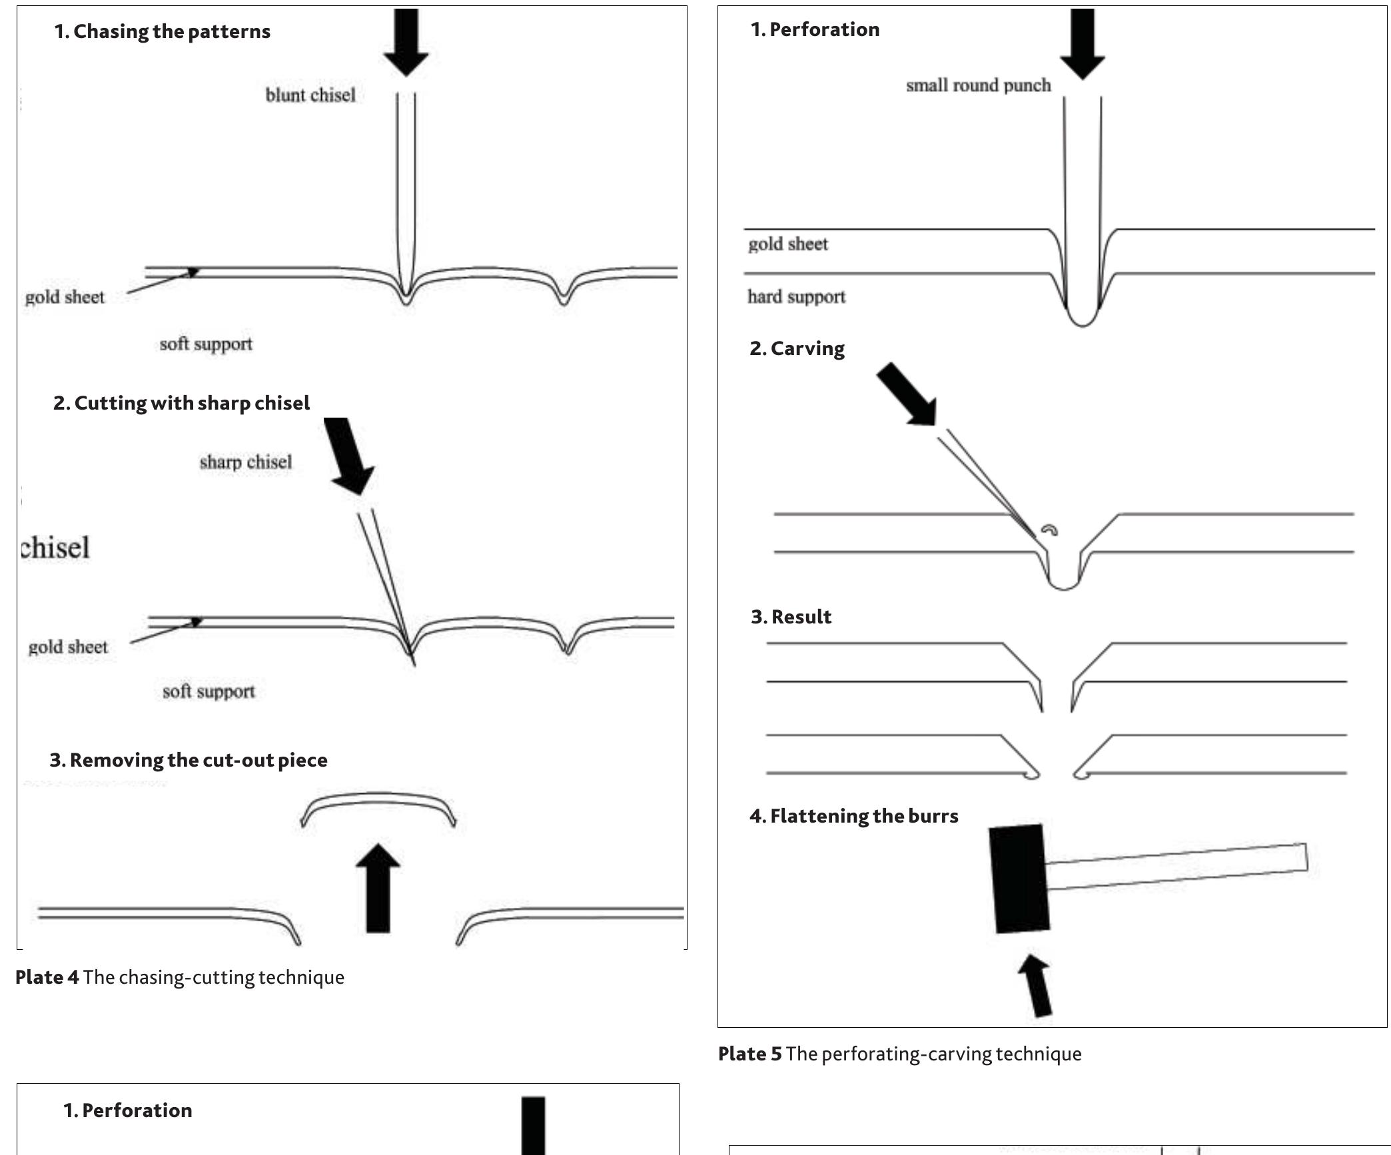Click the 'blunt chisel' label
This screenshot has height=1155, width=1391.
pos(310,95)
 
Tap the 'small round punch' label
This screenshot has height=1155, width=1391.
pos(978,85)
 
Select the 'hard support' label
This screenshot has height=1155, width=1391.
pos(796,296)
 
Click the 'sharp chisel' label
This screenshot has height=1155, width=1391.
pos(245,462)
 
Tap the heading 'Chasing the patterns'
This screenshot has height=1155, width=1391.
pos(162,31)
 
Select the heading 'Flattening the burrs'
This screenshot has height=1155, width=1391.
pos(853,816)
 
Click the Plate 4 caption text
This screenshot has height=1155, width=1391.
pos(180,977)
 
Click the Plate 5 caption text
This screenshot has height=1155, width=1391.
pos(899,1054)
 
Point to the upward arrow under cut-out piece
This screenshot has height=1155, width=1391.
pos(378,889)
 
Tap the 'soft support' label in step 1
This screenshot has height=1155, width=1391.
pos(206,344)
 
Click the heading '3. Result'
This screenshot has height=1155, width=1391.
pos(791,617)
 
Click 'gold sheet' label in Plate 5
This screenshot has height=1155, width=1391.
pos(787,244)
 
